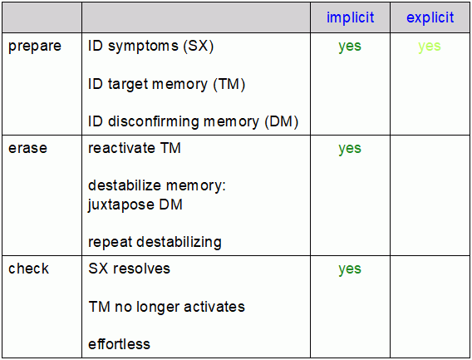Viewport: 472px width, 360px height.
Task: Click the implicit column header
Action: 350,17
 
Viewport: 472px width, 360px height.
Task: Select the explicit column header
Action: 430,17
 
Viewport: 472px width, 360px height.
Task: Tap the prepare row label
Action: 35,47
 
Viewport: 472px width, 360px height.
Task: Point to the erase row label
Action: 27,148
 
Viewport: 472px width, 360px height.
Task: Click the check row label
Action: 28,268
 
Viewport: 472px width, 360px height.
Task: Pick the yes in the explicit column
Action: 430,47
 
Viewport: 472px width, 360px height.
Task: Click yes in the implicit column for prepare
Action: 350,47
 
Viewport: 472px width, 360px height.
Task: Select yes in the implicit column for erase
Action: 350,149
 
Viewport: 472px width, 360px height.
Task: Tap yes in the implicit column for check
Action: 350,269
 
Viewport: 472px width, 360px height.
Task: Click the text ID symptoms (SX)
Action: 150,47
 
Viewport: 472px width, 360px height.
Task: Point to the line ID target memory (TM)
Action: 167,84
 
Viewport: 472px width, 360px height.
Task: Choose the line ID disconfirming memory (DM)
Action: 194,122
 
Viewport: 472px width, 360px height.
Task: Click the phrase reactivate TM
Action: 135,148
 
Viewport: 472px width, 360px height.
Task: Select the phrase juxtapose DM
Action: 135,205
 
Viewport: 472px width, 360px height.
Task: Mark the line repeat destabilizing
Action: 155,242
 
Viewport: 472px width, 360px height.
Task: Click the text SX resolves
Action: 129,269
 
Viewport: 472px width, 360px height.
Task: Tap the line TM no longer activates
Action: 167,307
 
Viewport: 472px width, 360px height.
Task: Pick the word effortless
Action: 119,344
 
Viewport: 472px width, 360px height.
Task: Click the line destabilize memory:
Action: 157,185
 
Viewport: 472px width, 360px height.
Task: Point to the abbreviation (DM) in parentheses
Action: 282,122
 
